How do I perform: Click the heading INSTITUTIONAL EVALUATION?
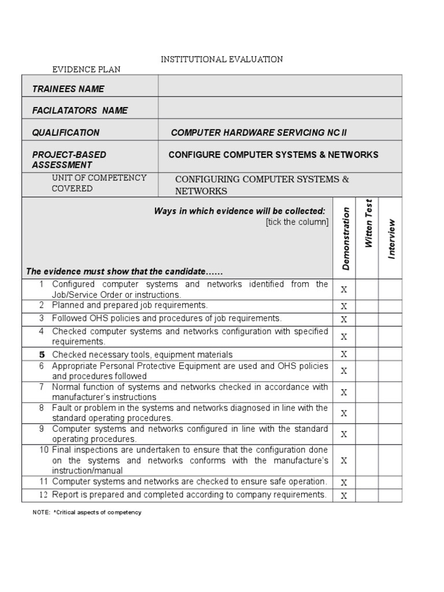pos(221,59)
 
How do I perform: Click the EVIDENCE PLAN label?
pos(87,69)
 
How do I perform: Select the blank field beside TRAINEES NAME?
pos(280,86)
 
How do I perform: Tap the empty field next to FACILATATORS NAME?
pos(280,108)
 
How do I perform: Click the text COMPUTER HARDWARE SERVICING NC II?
pos(259,132)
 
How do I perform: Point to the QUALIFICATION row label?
pos(65,132)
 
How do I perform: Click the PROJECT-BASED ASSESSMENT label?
pos(69,160)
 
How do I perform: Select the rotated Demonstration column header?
pos(346,238)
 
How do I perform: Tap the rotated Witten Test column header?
pos(368,223)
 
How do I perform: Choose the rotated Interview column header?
pos(391,238)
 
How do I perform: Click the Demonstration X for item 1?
pos(344,290)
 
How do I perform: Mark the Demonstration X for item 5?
pos(344,354)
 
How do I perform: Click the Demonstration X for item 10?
pos(344,460)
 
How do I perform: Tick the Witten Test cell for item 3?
pos(367,319)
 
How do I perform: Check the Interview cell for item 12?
pos(390,495)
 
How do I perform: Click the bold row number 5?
pos(42,354)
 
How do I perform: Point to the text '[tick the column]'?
pos(297,222)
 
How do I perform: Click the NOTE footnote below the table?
pos(87,512)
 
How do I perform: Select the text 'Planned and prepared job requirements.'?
pos(129,305)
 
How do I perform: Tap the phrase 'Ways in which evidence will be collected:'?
pos(239,211)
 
